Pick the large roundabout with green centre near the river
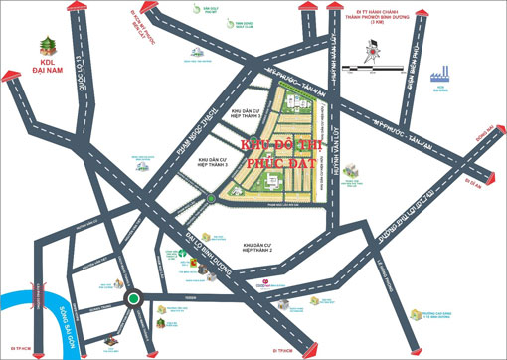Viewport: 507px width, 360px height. coord(132,297)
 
